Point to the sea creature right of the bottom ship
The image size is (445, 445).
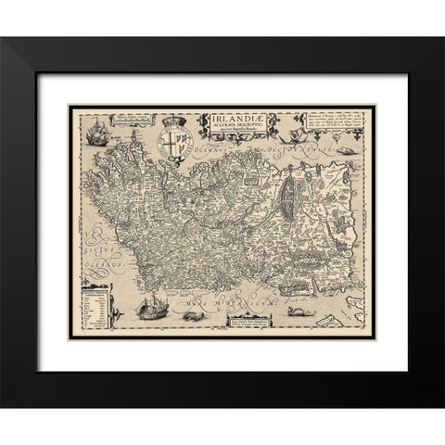click(194, 315)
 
